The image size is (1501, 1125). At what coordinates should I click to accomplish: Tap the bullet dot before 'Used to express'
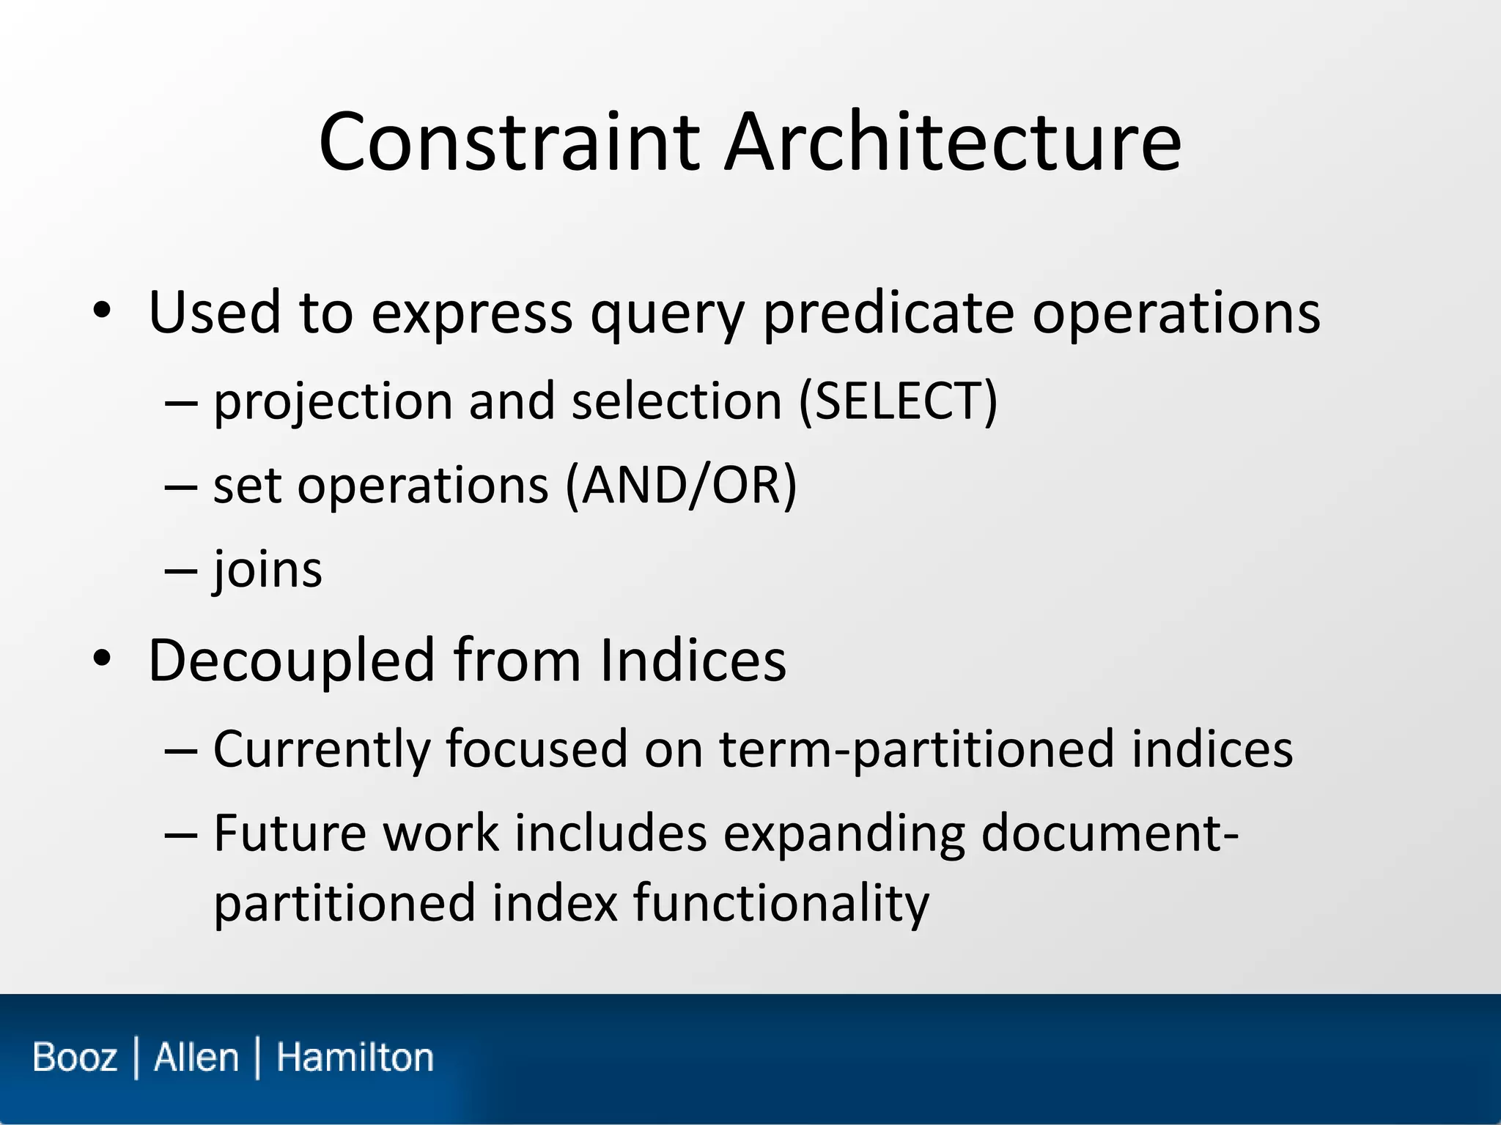point(102,311)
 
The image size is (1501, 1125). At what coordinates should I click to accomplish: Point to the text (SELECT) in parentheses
point(898,401)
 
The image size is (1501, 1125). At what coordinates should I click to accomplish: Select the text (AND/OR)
point(681,486)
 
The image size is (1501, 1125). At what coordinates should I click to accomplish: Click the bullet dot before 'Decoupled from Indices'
point(102,658)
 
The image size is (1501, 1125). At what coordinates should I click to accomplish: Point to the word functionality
point(781,903)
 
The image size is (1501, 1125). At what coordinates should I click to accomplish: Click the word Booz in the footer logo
point(75,1058)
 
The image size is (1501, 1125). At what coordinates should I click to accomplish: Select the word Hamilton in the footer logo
point(355,1058)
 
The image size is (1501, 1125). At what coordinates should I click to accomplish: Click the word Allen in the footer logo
point(196,1058)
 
